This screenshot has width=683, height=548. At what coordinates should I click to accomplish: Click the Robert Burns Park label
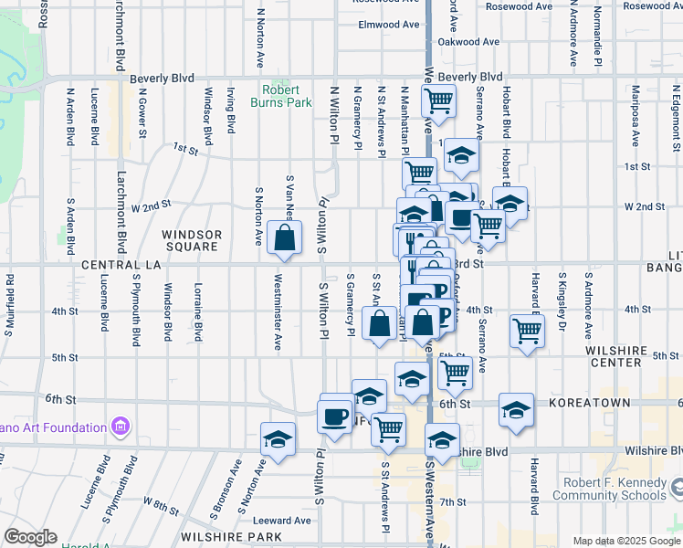click(287, 96)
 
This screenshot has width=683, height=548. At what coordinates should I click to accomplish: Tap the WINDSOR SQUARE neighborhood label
click(191, 240)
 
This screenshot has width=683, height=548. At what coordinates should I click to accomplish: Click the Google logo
click(29, 537)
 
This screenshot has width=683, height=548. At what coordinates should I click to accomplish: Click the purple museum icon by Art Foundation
click(120, 427)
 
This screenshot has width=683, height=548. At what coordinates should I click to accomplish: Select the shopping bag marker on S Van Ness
click(285, 239)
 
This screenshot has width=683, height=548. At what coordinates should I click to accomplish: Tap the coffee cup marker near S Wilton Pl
click(335, 417)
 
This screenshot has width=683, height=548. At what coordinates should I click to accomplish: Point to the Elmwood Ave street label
click(387, 25)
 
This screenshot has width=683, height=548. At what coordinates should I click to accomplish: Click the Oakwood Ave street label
click(468, 42)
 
